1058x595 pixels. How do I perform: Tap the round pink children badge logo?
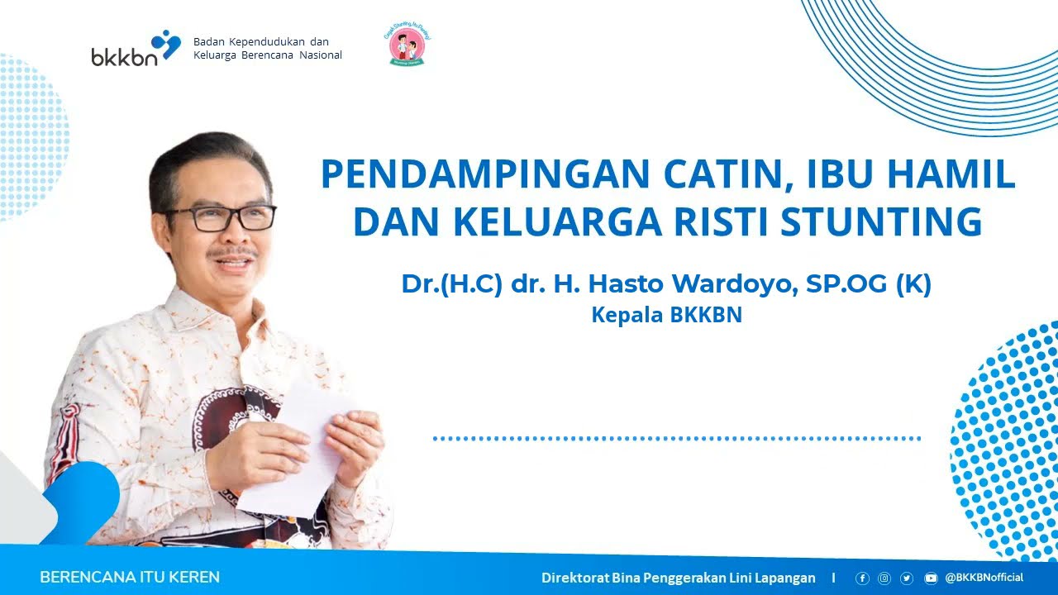coord(407,46)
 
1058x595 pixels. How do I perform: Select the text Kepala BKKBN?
coord(666,315)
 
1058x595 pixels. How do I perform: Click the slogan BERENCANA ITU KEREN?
coord(130,578)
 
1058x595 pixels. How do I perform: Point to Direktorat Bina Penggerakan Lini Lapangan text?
coord(678,578)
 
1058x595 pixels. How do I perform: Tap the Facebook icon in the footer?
coord(862,578)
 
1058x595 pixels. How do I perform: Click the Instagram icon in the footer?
coord(884,578)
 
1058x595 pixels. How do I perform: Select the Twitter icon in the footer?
coord(907,578)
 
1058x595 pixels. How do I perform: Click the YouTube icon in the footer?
coord(931,578)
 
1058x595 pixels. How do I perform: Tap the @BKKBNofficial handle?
coord(984,578)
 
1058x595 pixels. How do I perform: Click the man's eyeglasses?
coord(221,218)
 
